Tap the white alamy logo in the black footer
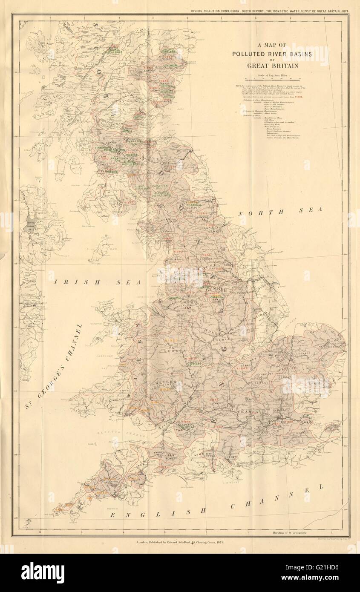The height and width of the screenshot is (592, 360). [43, 572]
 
